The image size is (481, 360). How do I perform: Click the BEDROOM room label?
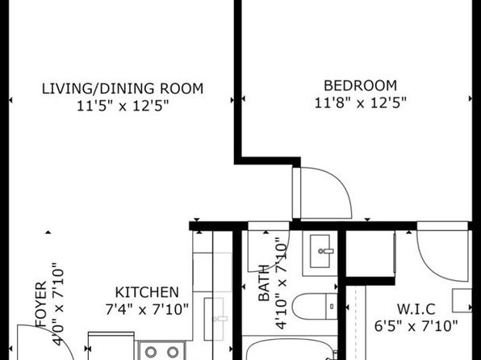[360, 86]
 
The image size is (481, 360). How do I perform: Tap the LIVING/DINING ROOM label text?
[123, 89]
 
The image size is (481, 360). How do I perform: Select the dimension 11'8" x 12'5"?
[361, 103]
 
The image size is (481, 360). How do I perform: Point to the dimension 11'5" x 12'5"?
[123, 107]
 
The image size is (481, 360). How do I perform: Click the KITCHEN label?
[147, 292]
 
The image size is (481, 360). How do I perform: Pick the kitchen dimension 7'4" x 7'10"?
[147, 309]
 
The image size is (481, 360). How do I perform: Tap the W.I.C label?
[416, 309]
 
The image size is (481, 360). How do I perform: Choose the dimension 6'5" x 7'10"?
[416, 325]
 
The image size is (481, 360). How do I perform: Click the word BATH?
[264, 283]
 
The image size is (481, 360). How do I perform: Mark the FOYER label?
[41, 303]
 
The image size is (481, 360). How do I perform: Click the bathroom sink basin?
[320, 251]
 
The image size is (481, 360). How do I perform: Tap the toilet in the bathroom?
[315, 306]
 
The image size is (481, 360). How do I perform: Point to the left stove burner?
[151, 352]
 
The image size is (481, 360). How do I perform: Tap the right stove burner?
[173, 352]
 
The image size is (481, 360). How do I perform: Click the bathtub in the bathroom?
[290, 349]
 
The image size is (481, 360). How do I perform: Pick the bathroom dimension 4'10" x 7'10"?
[281, 283]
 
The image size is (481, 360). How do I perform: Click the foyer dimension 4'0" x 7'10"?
[58, 303]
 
